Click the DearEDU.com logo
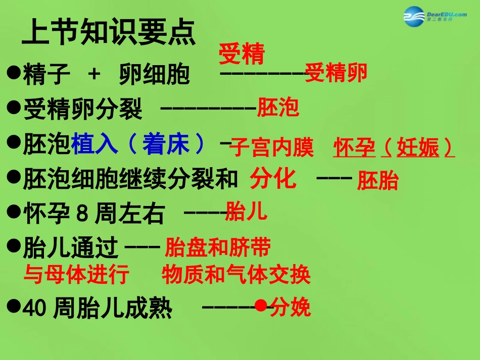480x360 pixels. [434, 17]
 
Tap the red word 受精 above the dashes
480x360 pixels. [242, 55]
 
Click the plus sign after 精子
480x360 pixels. [94, 75]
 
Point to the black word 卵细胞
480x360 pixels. [155, 75]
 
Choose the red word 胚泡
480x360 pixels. [278, 108]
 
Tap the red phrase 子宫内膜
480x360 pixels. [272, 148]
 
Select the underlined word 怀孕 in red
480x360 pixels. [354, 148]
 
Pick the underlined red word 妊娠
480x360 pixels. [418, 148]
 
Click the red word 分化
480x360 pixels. [273, 179]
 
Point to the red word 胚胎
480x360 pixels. [378, 181]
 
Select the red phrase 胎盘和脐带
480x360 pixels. [218, 247]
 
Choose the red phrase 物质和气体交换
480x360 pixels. [236, 275]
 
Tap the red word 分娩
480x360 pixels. [290, 307]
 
